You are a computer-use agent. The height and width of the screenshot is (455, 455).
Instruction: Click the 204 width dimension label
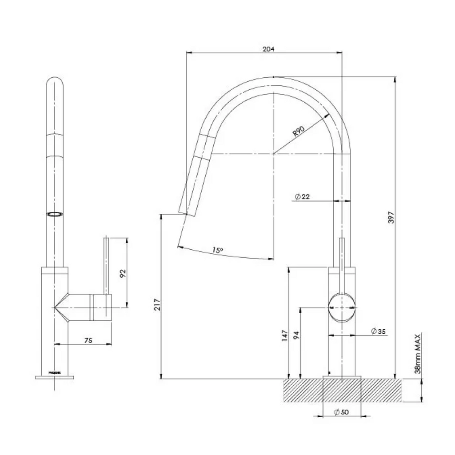pyautogui.click(x=268, y=49)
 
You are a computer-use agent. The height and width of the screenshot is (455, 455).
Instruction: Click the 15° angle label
pyautogui.click(x=217, y=250)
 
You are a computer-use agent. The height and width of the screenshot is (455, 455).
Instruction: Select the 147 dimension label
pyautogui.click(x=285, y=335)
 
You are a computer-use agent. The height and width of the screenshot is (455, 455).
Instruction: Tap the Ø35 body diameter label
pyautogui.click(x=379, y=331)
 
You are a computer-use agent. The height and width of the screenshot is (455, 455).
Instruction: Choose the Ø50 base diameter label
pyautogui.click(x=342, y=412)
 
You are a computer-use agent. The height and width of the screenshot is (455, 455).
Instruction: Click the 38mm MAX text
pyautogui.click(x=418, y=354)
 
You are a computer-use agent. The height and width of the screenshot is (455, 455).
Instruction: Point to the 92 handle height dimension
pyautogui.click(x=124, y=272)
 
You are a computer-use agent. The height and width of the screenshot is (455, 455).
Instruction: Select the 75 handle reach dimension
pyautogui.click(x=88, y=341)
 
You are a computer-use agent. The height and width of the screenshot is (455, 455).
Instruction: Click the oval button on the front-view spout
pyautogui.click(x=55, y=215)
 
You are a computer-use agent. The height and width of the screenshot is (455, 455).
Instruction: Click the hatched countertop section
pyautogui.click(x=302, y=391)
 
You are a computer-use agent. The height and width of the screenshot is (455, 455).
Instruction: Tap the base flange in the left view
pyautogui.click(x=54, y=377)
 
